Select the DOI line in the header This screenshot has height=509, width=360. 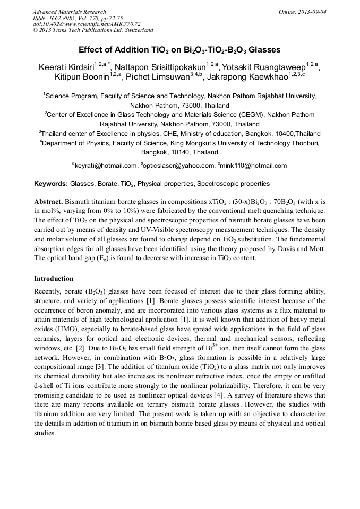click(87, 24)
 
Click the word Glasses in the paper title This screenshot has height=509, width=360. click(260, 50)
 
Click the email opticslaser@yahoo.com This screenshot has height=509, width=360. click(178, 166)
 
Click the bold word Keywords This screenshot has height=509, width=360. click(50, 184)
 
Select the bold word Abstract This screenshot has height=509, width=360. click(49, 202)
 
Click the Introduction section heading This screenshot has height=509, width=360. click(54, 278)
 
